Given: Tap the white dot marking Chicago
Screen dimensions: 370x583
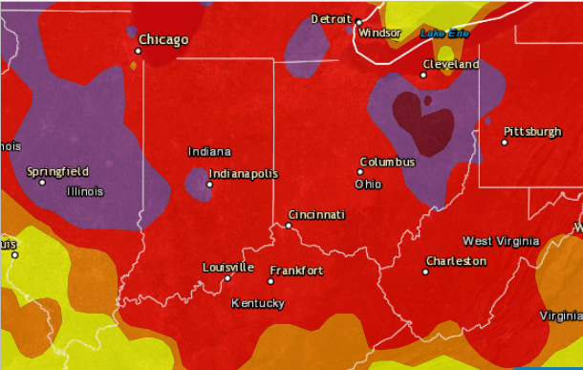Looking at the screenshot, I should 140,51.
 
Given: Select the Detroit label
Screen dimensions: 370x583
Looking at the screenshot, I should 332,19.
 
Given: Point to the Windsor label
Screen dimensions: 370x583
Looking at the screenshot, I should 379,33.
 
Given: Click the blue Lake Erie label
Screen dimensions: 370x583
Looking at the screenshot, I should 445,33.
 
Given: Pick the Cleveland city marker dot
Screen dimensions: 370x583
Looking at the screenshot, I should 424,75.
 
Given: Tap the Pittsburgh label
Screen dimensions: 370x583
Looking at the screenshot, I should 532,131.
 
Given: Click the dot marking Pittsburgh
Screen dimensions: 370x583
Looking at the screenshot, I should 505,142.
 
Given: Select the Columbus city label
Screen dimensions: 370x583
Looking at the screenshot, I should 387,162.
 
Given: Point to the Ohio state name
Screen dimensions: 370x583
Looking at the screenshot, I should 368,184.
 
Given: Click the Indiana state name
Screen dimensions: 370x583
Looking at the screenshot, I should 208,151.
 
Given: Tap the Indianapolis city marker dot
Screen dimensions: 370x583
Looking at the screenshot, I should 209,185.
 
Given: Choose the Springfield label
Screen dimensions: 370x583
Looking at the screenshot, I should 57,171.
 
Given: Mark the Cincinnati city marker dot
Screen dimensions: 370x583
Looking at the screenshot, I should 289,226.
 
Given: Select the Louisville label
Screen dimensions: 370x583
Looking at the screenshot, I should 228,267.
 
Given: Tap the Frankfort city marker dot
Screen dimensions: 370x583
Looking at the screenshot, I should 270,281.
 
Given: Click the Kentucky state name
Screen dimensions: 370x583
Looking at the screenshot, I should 258,303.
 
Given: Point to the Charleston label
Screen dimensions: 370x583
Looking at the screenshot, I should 456,261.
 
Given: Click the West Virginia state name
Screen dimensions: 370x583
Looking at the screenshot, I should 501,241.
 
